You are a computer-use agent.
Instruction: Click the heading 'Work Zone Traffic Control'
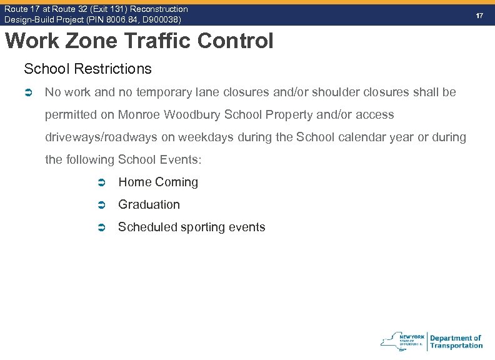click(x=139, y=41)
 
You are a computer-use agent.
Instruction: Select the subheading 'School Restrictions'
click(x=87, y=68)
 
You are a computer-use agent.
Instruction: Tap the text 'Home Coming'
click(x=158, y=182)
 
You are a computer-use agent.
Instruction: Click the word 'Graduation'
click(x=149, y=205)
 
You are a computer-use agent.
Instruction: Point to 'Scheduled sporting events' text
click(x=192, y=227)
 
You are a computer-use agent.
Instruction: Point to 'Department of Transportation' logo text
click(x=456, y=342)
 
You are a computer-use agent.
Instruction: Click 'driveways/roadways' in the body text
click(x=101, y=137)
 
